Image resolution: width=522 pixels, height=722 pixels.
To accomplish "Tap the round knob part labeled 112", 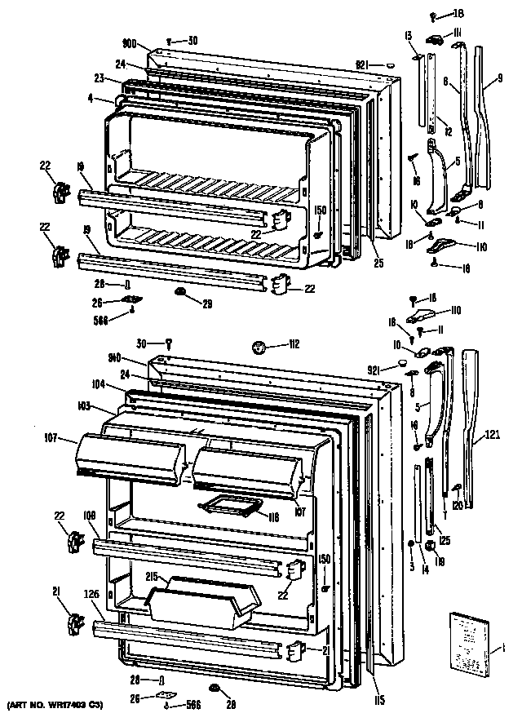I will coord(261,348).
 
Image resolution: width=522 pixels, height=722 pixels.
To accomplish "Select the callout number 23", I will coord(99,79).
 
